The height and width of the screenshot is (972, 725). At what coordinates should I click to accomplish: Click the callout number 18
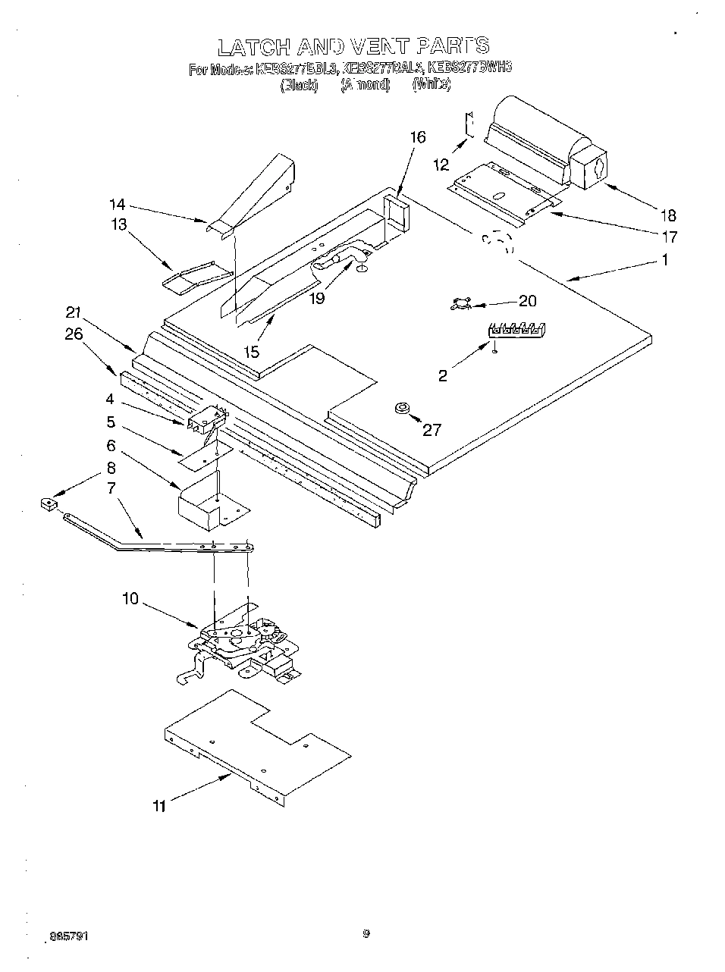(x=667, y=215)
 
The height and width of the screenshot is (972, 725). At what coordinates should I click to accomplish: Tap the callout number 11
(x=158, y=806)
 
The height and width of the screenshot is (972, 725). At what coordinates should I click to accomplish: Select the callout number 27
(x=432, y=430)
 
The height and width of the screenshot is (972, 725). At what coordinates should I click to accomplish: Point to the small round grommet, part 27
(x=401, y=409)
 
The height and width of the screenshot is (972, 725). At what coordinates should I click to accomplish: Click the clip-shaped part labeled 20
(x=460, y=304)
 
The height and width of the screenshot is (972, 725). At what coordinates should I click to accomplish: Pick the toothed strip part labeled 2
(x=517, y=329)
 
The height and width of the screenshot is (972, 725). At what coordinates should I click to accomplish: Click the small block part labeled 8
(x=50, y=502)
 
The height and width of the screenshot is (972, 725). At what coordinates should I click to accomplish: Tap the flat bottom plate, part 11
(x=258, y=743)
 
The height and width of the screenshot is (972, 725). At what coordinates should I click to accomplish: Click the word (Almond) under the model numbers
(x=365, y=85)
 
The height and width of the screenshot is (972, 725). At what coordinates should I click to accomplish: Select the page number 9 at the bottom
(x=366, y=934)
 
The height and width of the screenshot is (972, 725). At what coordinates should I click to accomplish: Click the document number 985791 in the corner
(x=68, y=936)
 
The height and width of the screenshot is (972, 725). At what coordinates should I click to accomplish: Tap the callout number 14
(x=117, y=205)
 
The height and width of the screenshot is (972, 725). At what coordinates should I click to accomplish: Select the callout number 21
(x=73, y=312)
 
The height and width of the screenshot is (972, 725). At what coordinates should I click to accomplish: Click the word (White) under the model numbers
(x=432, y=85)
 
